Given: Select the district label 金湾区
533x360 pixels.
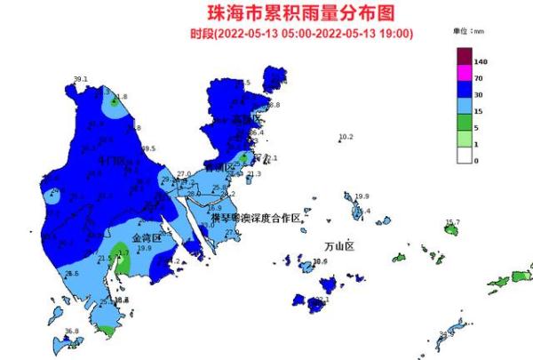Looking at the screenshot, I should (146, 239).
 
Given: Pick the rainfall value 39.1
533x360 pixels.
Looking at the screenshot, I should (81, 80).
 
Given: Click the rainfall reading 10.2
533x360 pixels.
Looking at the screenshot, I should (346, 137).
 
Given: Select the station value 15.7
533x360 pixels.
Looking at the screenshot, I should (452, 222).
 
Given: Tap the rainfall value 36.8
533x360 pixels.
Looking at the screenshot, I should (72, 332).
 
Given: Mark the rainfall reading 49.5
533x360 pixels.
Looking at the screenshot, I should (148, 148).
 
